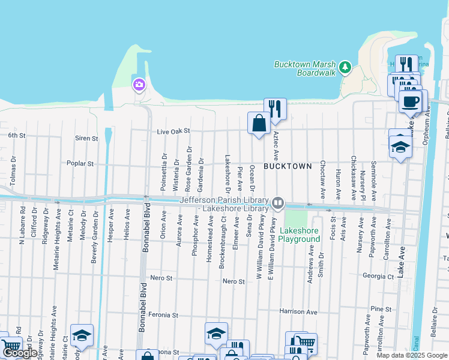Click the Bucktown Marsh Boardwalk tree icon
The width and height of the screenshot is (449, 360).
coord(345,66)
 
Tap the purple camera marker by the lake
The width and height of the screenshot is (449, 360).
coord(139,85)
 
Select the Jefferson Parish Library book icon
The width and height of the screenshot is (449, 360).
coord(278,203)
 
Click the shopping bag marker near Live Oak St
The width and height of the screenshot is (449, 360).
coord(259,123)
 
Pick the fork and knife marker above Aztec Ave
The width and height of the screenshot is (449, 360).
coord(275,109)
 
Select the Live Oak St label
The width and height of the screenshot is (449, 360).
coord(173,131)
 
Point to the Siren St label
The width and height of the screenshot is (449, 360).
coord(86,138)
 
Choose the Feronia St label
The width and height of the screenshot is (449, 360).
coord(164,314)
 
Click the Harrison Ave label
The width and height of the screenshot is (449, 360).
coord(298,312)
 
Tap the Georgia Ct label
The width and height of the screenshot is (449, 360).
coord(378,277)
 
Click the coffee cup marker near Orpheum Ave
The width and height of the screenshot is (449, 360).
coord(410,101)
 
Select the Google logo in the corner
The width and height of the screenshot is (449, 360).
coord(19,353)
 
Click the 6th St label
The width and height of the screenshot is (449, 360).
coord(17,136)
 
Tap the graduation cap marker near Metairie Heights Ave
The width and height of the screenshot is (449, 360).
coord(82,336)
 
